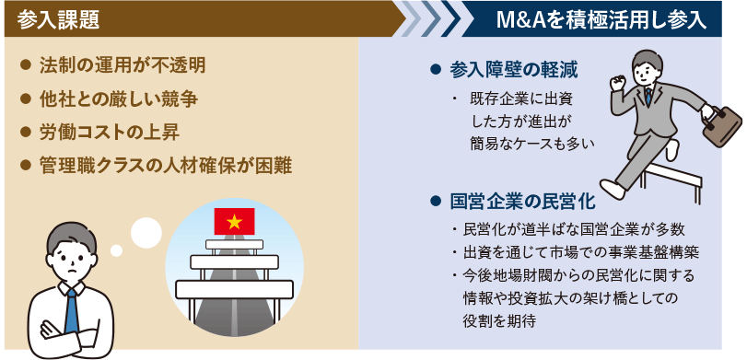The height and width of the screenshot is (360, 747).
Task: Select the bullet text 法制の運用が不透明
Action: point(121,67)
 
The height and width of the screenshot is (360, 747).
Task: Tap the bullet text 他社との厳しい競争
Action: point(121,98)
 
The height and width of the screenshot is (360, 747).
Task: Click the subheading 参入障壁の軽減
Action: point(514,71)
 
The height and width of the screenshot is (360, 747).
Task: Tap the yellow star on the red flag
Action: point(234,221)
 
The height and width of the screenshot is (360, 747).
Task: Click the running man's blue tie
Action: point(649,95)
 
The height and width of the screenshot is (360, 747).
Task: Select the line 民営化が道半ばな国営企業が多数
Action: point(571,230)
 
